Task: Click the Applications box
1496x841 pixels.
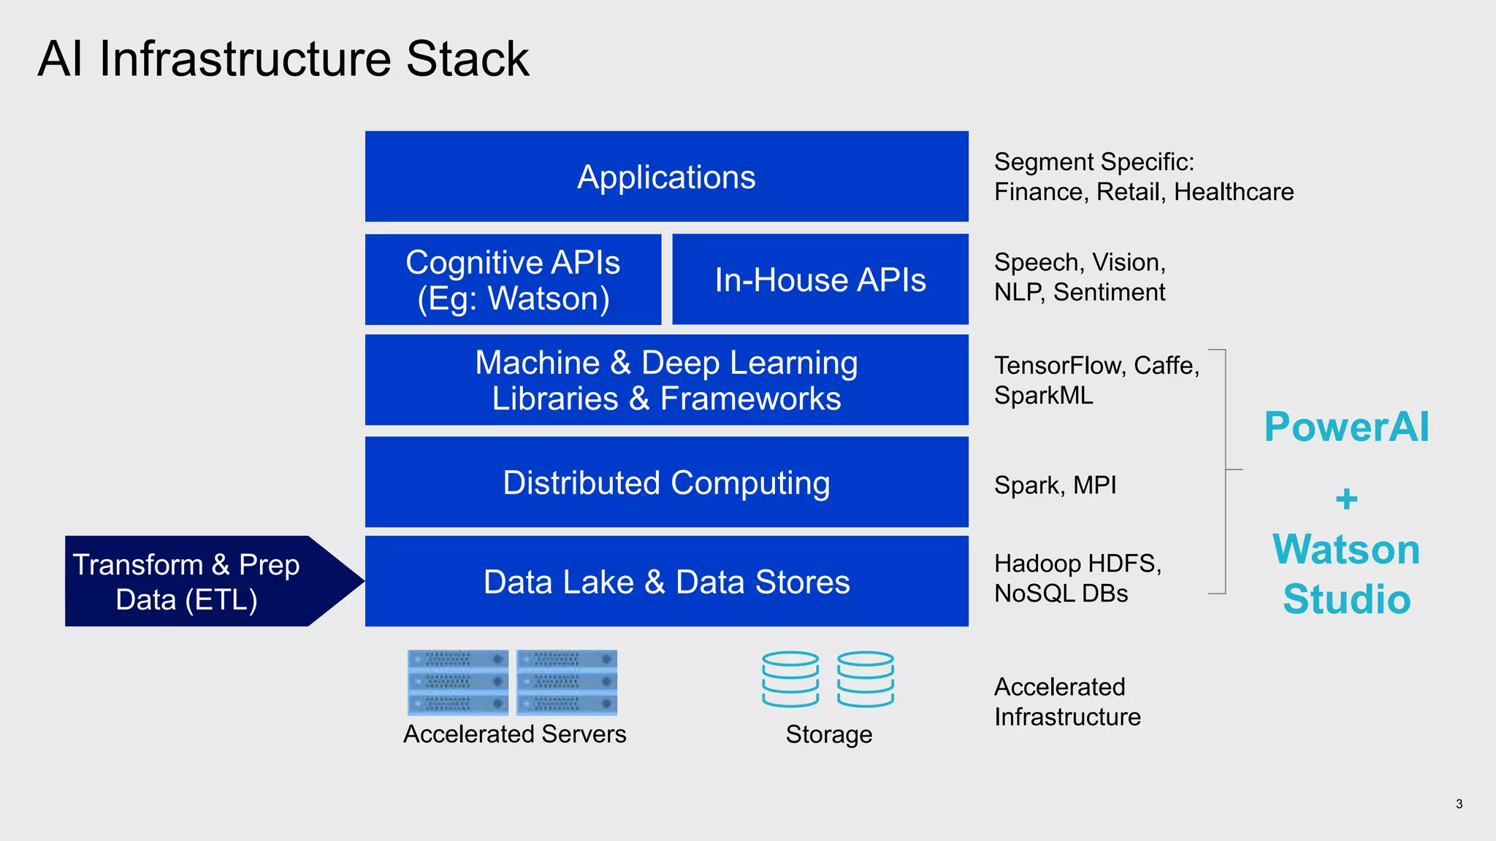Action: coord(666,177)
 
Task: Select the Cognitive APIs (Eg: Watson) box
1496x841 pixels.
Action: coord(513,280)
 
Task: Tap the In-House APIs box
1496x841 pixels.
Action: coord(820,280)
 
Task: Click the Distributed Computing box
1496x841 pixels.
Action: coord(666,483)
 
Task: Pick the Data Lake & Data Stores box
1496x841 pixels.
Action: coord(666,582)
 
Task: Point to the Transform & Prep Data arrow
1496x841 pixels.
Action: coord(197,582)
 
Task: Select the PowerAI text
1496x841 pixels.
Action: coord(1346,427)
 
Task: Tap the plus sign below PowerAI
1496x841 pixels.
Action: coord(1346,500)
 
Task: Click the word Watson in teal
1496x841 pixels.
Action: coord(1346,550)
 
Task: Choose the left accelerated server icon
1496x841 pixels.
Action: coord(458,683)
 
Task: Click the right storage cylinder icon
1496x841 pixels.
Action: coord(866,679)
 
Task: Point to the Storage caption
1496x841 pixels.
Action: coord(828,734)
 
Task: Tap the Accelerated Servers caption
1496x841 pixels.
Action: coord(514,734)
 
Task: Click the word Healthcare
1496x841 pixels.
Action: coord(1234,192)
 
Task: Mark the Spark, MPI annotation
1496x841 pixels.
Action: coord(1055,485)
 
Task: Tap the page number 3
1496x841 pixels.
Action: coord(1459,804)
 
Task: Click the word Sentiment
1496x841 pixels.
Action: coord(1109,293)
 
